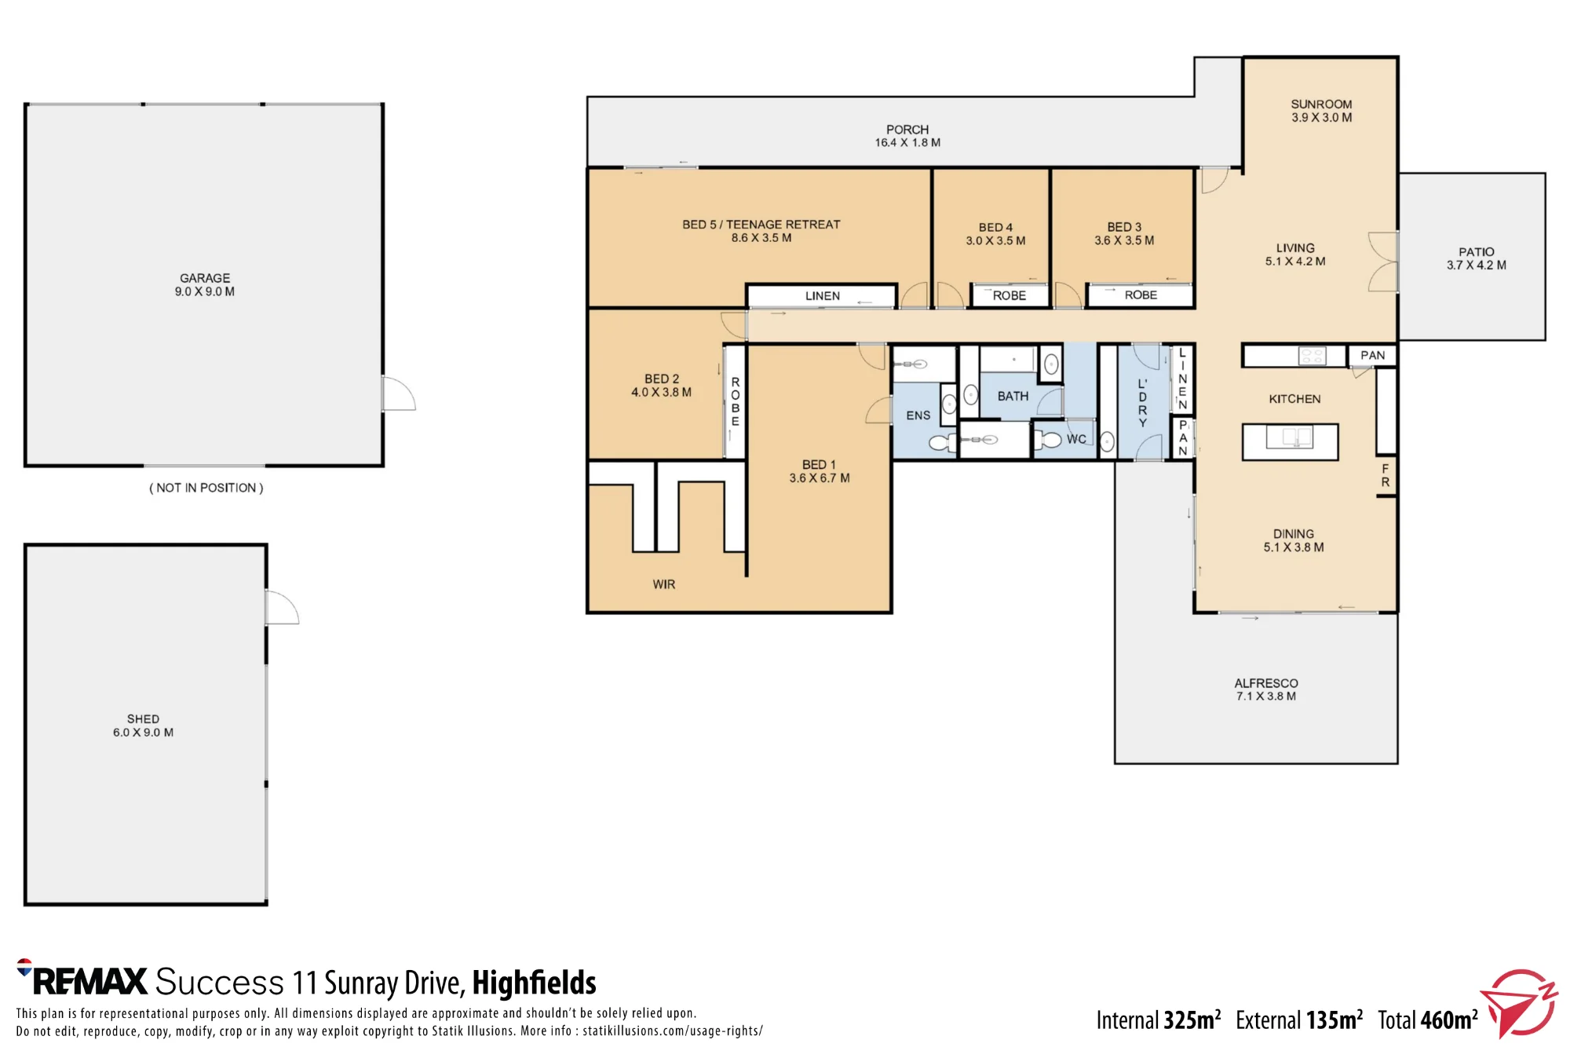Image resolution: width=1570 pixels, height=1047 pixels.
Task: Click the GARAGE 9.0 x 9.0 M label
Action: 205,284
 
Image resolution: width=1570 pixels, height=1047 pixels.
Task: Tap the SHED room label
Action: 143,719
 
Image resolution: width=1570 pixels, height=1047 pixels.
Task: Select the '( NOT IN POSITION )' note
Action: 206,488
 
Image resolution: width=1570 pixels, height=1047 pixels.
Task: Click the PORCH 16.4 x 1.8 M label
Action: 907,136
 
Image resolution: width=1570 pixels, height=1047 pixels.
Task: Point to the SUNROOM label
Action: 1321,104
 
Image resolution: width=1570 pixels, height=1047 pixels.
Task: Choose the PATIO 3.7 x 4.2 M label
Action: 1476,258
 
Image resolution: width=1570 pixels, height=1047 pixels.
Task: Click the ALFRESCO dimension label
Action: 1265,696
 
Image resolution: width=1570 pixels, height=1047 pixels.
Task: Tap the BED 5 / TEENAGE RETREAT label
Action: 761,224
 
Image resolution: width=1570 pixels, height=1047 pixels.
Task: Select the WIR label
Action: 663,584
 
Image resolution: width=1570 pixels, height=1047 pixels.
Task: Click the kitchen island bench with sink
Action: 1290,441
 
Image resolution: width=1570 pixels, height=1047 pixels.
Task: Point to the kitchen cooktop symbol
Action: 1312,356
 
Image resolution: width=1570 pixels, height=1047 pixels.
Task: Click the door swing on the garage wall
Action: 399,393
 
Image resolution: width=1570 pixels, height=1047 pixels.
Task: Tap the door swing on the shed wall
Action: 282,607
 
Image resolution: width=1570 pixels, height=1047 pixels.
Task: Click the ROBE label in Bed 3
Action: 1141,295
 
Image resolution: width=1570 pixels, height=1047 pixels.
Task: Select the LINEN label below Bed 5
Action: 822,296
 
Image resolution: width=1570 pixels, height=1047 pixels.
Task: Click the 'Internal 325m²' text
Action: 1159,1020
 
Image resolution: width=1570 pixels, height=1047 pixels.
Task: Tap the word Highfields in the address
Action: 534,983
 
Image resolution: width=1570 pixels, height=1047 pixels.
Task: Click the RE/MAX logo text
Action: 82,980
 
